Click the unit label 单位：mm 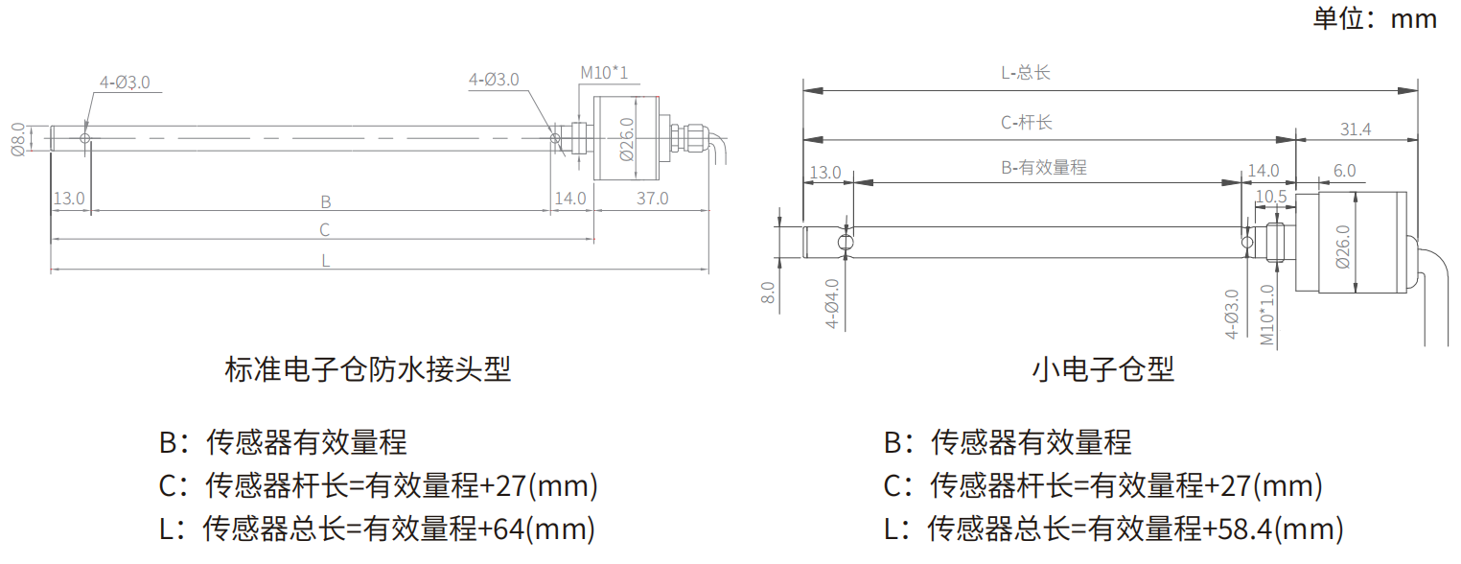[1375, 18]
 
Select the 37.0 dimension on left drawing [652, 199]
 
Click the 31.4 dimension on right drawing [1355, 129]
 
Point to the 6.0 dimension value [1344, 171]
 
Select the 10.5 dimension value [1270, 197]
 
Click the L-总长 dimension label [1026, 73]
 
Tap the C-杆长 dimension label [1027, 123]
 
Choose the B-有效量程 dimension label [1044, 167]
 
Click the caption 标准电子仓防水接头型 [367, 369]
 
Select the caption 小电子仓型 [1103, 369]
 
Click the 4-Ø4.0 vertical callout [833, 304]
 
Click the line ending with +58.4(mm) [1113, 529]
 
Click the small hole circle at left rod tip [85, 139]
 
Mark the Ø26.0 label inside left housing [627, 139]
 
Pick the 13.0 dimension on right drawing [825, 173]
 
